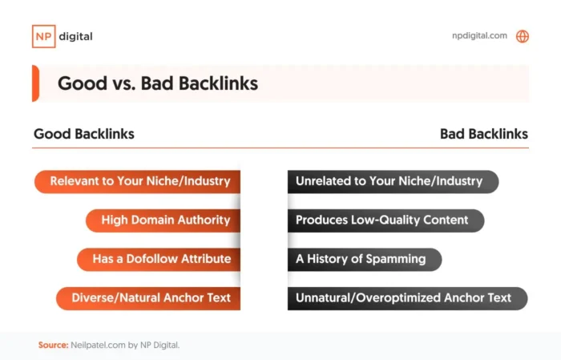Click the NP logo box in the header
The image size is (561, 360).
click(43, 36)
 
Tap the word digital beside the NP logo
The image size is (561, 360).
click(76, 36)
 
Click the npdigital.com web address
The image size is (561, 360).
click(480, 36)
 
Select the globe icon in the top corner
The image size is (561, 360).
click(523, 36)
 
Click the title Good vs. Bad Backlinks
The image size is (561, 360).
click(157, 83)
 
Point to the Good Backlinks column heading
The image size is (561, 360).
click(83, 134)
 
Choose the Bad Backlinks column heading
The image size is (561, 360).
click(484, 134)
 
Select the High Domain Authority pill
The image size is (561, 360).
click(164, 220)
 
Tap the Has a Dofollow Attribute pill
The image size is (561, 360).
click(159, 259)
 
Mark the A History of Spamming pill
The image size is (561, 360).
click(363, 259)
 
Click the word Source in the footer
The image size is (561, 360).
click(52, 345)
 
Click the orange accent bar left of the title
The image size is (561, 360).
click(35, 83)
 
